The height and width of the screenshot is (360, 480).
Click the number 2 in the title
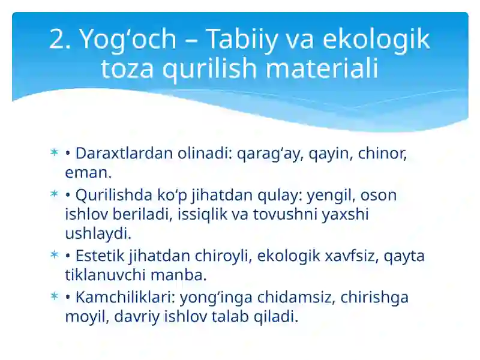pos(59,40)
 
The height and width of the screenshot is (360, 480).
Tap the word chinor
pos(382,153)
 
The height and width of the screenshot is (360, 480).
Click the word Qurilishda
pos(112,195)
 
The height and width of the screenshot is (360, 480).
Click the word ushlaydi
pos(97,233)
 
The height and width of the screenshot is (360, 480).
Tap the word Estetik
pos(100,256)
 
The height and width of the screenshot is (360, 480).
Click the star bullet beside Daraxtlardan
pos(54,154)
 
